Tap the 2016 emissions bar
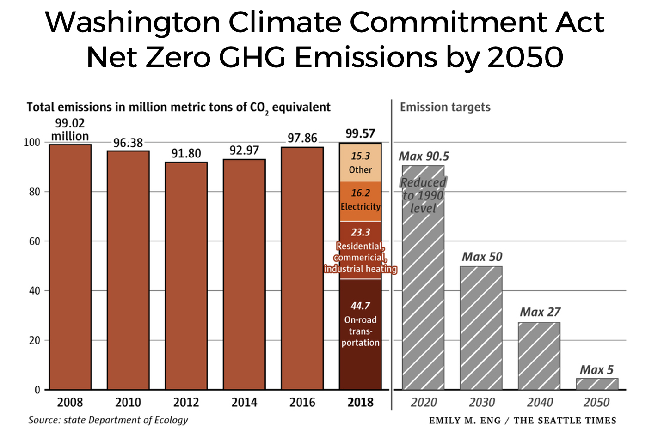302,268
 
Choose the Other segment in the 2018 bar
360,163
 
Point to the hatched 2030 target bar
481,328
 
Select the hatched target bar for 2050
597,384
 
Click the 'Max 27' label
540,312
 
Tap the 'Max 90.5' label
424,157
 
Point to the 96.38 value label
128,143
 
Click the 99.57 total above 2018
360,133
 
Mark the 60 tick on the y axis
34,241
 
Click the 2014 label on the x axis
244,403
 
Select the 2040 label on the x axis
540,403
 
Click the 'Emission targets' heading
445,107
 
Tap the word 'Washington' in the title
133,22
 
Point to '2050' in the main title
525,58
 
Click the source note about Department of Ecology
108,420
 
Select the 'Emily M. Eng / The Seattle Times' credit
523,421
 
